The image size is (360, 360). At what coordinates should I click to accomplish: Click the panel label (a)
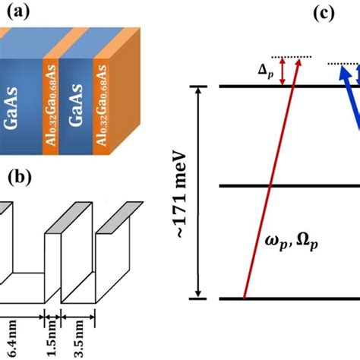pos(18,11)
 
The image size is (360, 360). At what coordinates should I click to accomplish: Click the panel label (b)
pos(20,177)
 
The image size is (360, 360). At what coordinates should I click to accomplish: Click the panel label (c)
pos(324,13)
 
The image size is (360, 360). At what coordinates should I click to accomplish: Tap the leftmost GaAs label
pos(11,108)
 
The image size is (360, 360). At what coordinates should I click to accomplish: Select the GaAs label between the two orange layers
pos(76,106)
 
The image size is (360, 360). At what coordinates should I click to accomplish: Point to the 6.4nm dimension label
pos(12,339)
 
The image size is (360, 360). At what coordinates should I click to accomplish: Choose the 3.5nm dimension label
pos(79,339)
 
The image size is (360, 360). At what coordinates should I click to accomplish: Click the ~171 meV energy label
pos(182,194)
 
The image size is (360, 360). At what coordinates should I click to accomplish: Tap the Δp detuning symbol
pos(266,71)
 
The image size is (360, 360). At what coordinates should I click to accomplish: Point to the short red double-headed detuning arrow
pos(283,71)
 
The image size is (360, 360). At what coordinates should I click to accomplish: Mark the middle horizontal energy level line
pos(289,186)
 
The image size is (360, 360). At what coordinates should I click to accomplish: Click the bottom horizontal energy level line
pos(289,298)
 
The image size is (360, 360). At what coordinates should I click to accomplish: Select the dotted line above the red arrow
pos(292,57)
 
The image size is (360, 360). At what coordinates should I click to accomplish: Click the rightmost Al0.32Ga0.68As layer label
pos(102,106)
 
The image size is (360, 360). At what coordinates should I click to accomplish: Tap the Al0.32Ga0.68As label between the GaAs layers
pos(52,105)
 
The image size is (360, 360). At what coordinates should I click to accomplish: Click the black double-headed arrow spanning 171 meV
pos(198,192)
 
